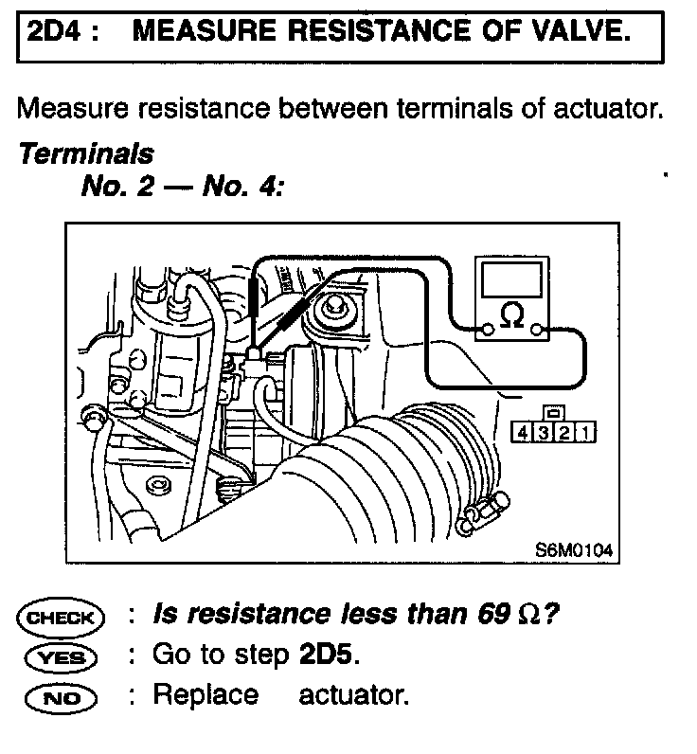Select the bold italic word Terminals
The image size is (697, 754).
click(86, 153)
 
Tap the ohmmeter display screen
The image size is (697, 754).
click(512, 281)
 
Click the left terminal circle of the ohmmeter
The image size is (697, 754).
click(487, 330)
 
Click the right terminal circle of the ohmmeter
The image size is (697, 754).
click(538, 330)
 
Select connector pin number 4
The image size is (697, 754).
click(522, 433)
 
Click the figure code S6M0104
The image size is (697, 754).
click(570, 548)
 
